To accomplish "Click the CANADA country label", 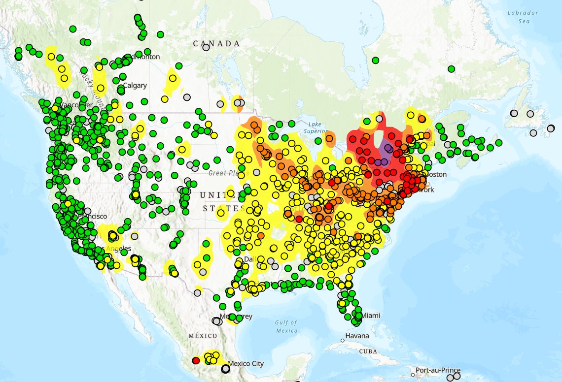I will (x=216, y=44).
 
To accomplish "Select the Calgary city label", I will (x=135, y=86).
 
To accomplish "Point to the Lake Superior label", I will (x=316, y=127).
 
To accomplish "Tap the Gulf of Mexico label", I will (x=286, y=326).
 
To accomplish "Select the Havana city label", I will (x=357, y=336).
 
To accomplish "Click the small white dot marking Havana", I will (x=342, y=340).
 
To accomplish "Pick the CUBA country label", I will (x=368, y=351).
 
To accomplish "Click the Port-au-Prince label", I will (x=438, y=370).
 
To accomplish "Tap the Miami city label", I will (x=371, y=315).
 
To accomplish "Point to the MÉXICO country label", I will (x=203, y=336).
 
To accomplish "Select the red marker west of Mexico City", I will (x=196, y=360).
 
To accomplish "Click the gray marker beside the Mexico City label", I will (x=225, y=368).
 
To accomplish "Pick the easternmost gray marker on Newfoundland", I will (x=551, y=128).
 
